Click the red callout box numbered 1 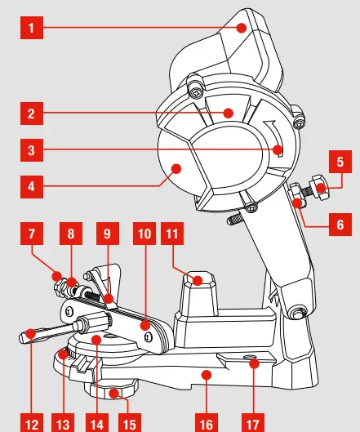point(30,29)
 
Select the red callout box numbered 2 point(30,113)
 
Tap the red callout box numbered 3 point(30,150)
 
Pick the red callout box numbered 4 point(30,186)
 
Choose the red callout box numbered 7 point(30,234)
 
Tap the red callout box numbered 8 point(70,234)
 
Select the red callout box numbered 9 point(108,234)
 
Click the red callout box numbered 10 point(145,234)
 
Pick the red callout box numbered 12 point(30,424)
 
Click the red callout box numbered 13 point(63,424)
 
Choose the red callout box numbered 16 point(207,424)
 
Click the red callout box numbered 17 point(254,424)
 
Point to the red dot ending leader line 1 point(242,29)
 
